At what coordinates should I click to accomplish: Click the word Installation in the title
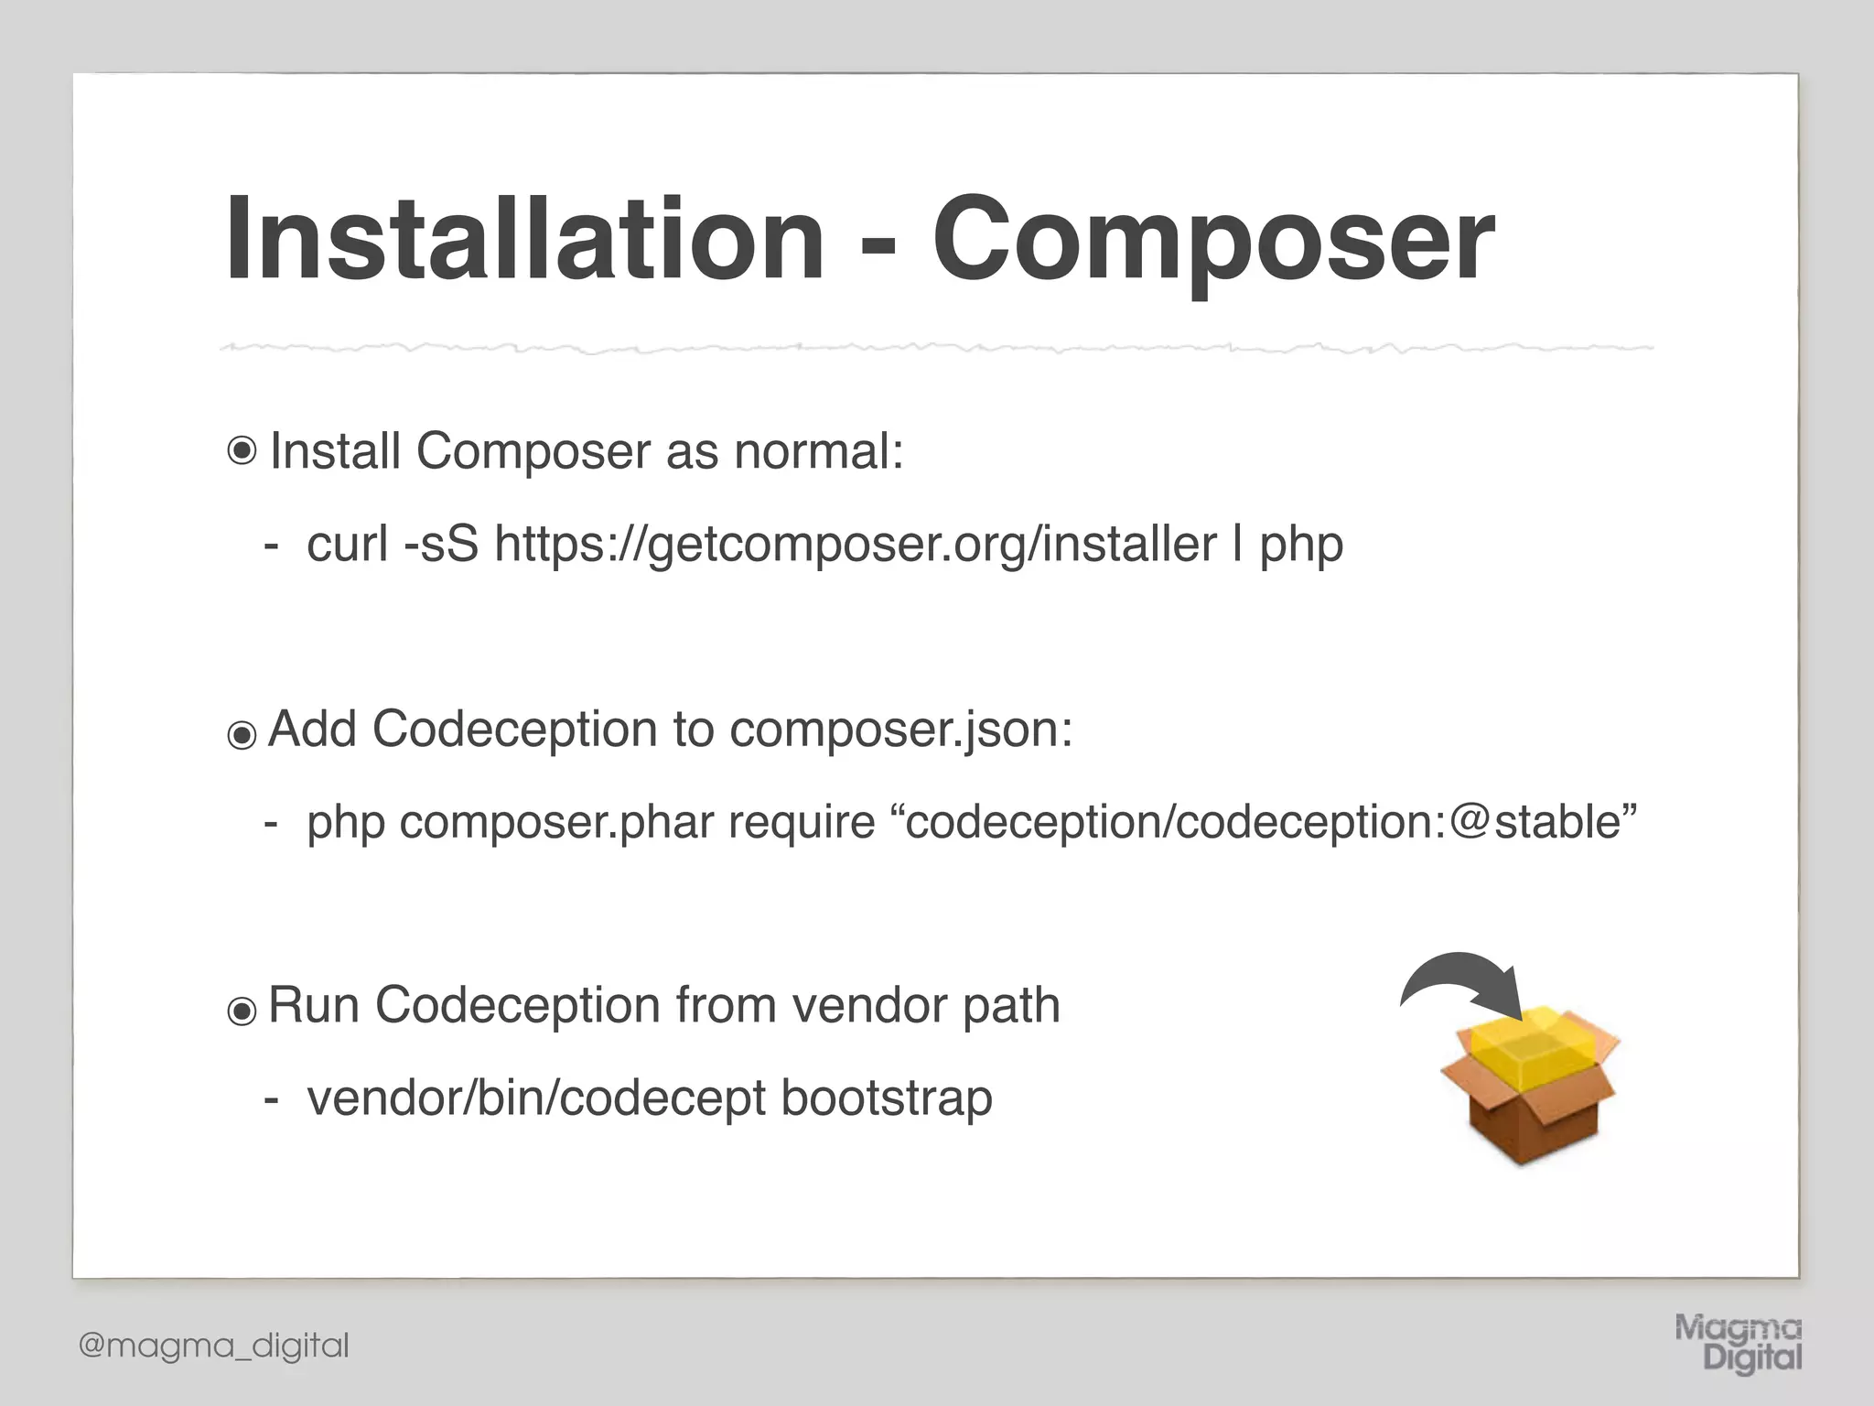[x=525, y=240]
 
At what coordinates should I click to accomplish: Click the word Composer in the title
[x=1212, y=240]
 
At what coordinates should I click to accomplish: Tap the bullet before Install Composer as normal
[x=242, y=451]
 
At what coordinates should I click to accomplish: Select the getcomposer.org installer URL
[x=855, y=544]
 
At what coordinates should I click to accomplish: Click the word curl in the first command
[x=348, y=544]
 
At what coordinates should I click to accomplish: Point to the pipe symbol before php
[x=1238, y=544]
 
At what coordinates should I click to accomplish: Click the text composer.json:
[x=900, y=730]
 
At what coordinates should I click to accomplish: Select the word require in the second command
[x=802, y=821]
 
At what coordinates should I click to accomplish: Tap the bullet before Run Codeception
[x=242, y=1011]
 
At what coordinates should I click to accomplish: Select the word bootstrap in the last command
[x=886, y=1098]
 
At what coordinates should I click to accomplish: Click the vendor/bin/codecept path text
[x=536, y=1098]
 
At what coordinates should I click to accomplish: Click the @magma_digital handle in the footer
[x=214, y=1346]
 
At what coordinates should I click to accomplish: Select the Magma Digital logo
[x=1738, y=1343]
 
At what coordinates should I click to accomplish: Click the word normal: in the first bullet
[x=818, y=451]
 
